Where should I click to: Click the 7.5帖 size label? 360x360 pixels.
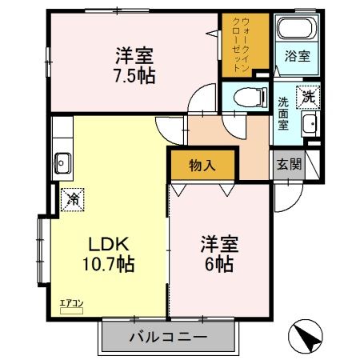pyautogui.click(x=134, y=76)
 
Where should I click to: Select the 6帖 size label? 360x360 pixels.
pyautogui.click(x=217, y=265)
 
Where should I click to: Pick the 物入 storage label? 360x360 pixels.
pyautogui.click(x=202, y=166)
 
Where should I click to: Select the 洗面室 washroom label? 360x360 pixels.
pyautogui.click(x=284, y=114)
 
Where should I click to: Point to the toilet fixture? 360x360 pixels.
pyautogui.click(x=249, y=98)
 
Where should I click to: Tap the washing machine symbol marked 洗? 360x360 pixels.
pyautogui.click(x=306, y=97)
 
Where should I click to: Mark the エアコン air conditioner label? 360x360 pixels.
pyautogui.click(x=70, y=302)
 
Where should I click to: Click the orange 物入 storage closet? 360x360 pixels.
pyautogui.click(x=202, y=166)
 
